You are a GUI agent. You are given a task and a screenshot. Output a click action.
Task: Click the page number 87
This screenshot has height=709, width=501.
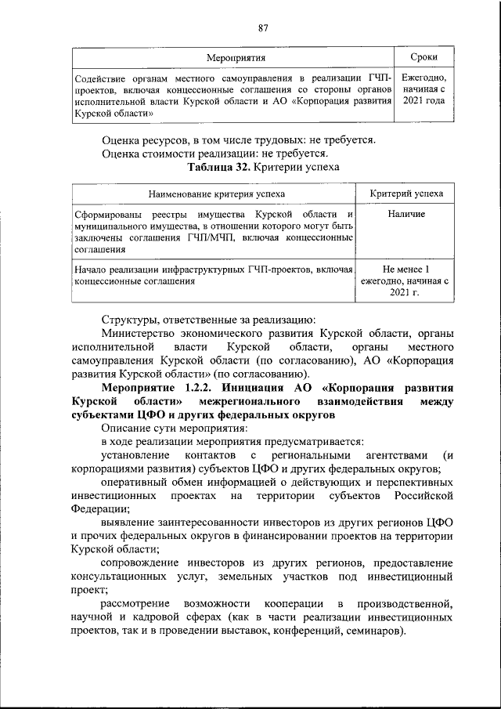coord(263,28)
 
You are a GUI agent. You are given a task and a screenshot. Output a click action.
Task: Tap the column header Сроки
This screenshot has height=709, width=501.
coord(424,57)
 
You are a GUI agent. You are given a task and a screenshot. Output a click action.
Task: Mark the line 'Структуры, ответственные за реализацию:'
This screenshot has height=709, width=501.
coord(208,319)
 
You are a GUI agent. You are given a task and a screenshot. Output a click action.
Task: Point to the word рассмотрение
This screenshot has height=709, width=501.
coord(138,604)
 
